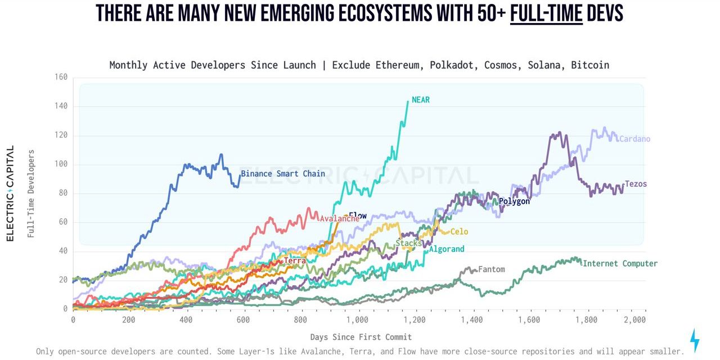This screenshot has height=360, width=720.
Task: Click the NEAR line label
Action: (x=421, y=100)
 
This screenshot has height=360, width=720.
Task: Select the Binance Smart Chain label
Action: (x=283, y=174)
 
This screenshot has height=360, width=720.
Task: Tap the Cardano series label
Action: (x=634, y=139)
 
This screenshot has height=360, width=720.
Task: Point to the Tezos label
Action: (x=636, y=184)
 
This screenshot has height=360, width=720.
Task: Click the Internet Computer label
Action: (x=620, y=263)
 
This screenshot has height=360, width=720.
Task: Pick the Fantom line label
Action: (x=491, y=269)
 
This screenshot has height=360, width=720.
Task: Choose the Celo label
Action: (x=459, y=232)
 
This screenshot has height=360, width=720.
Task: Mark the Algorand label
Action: (x=447, y=249)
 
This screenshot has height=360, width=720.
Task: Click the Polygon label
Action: (x=514, y=201)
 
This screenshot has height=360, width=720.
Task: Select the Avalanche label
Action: (x=339, y=219)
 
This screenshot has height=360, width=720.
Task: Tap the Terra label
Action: (x=295, y=261)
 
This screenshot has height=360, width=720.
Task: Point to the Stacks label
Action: (x=408, y=243)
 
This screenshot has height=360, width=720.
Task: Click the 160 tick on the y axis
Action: (x=61, y=77)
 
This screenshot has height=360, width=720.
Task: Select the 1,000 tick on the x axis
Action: (x=357, y=320)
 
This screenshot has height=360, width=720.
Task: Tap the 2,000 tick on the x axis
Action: (x=635, y=320)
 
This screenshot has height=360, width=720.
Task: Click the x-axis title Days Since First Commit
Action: (x=361, y=337)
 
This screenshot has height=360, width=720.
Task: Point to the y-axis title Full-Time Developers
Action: (x=31, y=193)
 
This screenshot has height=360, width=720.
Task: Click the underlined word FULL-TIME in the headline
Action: (x=546, y=12)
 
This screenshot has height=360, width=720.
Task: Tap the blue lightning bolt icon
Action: (x=695, y=340)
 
